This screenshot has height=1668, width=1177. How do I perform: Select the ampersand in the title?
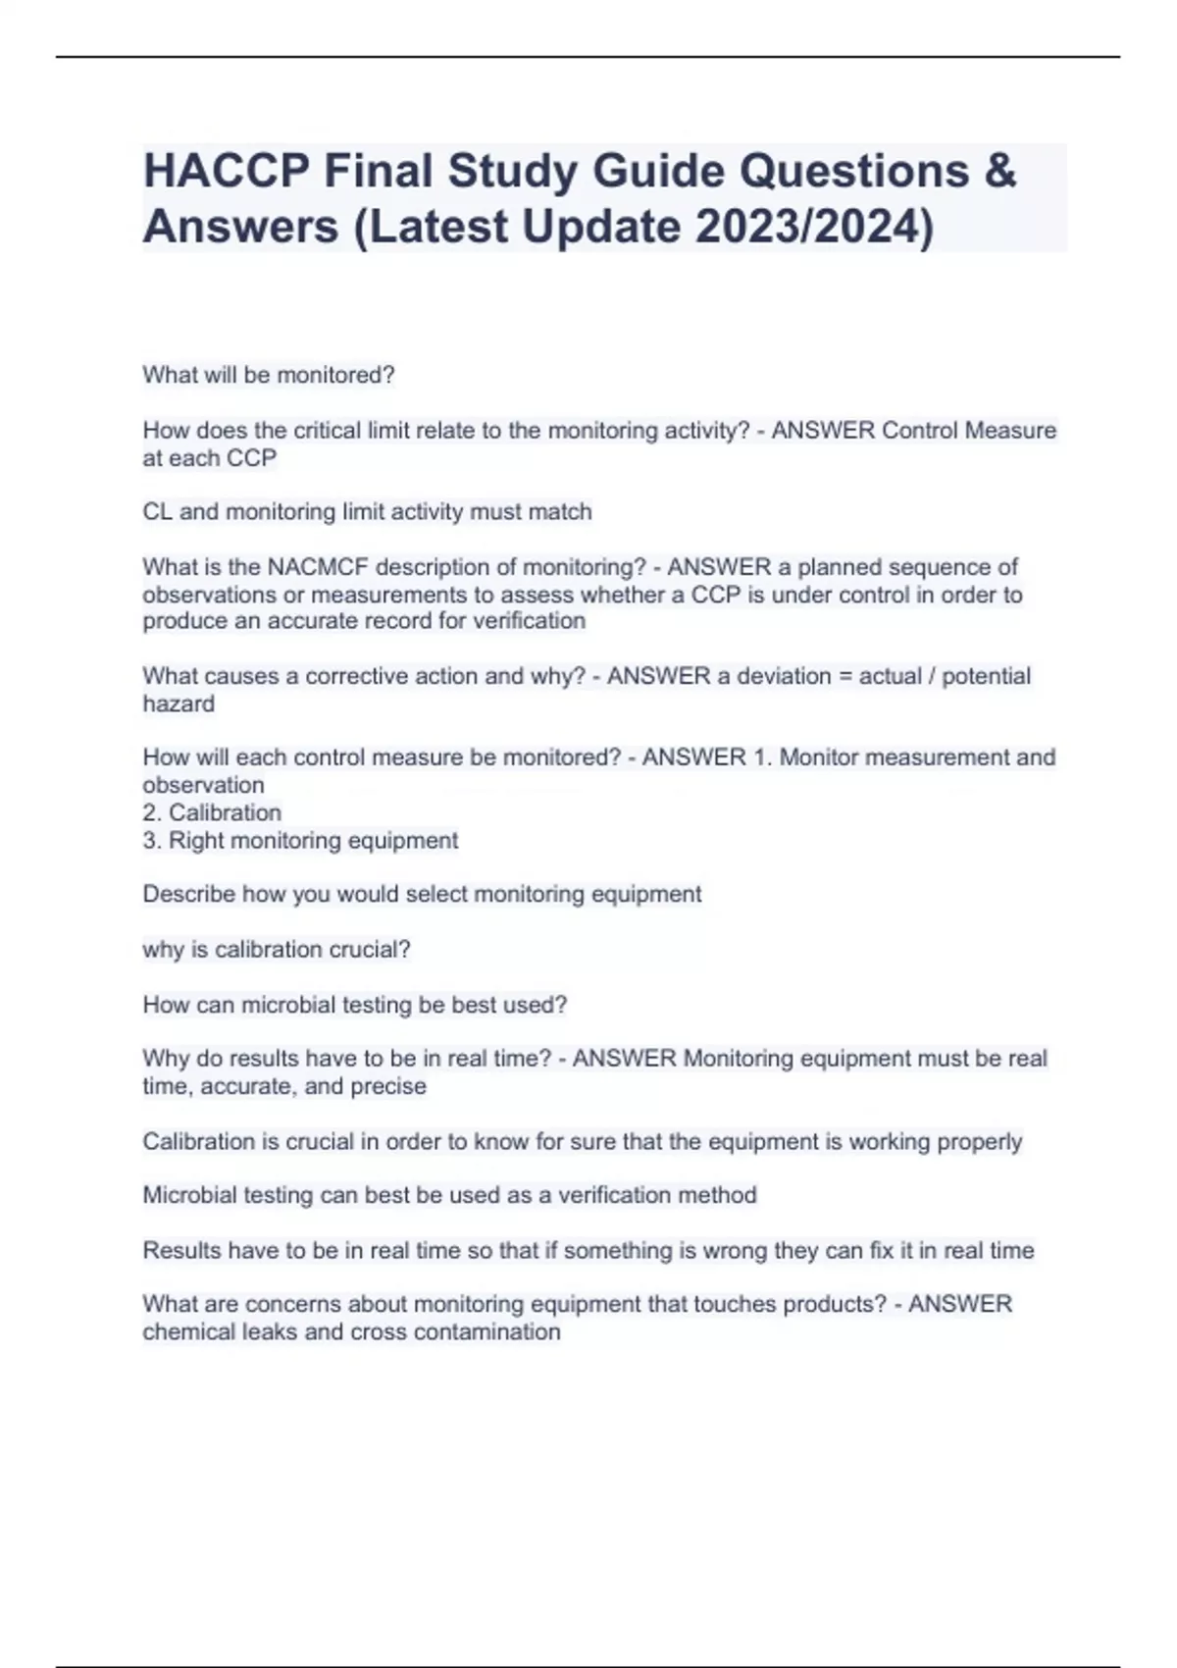click(998, 171)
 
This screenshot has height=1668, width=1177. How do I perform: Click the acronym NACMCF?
click(318, 567)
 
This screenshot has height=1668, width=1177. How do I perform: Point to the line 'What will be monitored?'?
click(268, 375)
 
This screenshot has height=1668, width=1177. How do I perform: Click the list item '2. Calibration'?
click(212, 812)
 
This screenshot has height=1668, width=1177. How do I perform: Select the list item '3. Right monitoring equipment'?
click(300, 840)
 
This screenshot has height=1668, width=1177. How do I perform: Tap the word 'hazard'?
click(179, 704)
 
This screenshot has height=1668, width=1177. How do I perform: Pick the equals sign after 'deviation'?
click(844, 676)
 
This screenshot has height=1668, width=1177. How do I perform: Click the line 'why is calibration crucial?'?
click(276, 949)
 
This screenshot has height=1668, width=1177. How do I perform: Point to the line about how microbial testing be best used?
click(354, 1005)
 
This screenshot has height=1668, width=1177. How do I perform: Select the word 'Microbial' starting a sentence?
click(189, 1195)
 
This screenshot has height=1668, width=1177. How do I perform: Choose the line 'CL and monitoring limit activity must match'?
click(367, 512)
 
